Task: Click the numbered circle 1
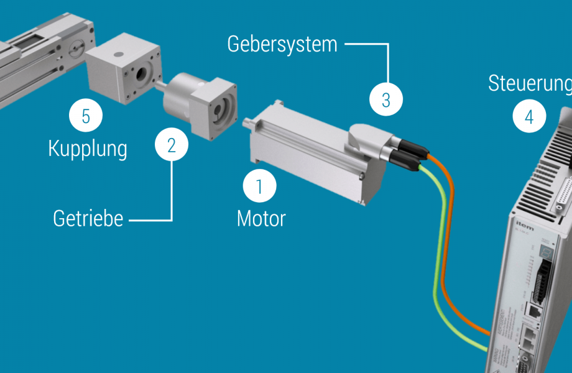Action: [259, 186]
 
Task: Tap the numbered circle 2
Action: [172, 145]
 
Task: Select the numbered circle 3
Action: [385, 99]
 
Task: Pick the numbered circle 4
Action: [529, 116]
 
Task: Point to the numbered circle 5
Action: [86, 116]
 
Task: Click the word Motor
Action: [261, 218]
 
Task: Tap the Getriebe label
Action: [88, 219]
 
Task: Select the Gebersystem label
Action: [282, 44]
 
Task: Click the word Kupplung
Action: [88, 149]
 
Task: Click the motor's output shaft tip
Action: [246, 124]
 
